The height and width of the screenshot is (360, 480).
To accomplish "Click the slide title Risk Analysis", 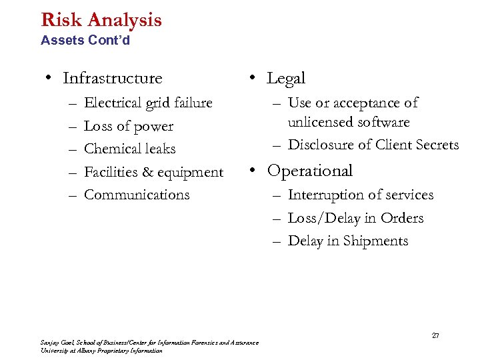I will tap(101, 19).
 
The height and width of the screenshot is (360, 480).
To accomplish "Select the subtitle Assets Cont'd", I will tap(85, 41).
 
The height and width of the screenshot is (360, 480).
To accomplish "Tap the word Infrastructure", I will tap(112, 79).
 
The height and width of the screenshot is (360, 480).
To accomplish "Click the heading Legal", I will tap(286, 79).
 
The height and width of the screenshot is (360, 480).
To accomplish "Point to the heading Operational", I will tap(309, 171).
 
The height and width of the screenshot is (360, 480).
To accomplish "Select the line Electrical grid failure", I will tap(148, 103).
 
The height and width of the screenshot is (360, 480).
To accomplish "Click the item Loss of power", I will tap(129, 126).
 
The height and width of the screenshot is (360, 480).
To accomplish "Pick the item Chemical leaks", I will tap(129, 149).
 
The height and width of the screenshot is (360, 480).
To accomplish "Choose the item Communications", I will tap(137, 195).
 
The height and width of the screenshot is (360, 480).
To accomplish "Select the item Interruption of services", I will tap(360, 195).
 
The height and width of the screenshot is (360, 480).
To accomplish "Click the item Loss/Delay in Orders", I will tap(355, 218).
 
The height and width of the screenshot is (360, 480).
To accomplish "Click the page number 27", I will tap(435, 335).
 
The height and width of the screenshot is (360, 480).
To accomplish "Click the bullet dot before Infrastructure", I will tap(49, 79).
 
